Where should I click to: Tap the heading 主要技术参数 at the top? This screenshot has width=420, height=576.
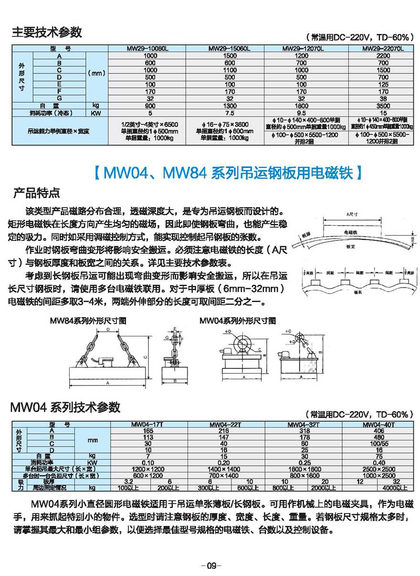(x=47, y=33)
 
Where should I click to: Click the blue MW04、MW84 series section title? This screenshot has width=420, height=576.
(x=229, y=173)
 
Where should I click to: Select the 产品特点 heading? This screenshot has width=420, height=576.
(x=36, y=193)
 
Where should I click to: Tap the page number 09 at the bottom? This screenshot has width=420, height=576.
(x=210, y=566)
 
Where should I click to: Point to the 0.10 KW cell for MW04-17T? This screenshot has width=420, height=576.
(x=148, y=462)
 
